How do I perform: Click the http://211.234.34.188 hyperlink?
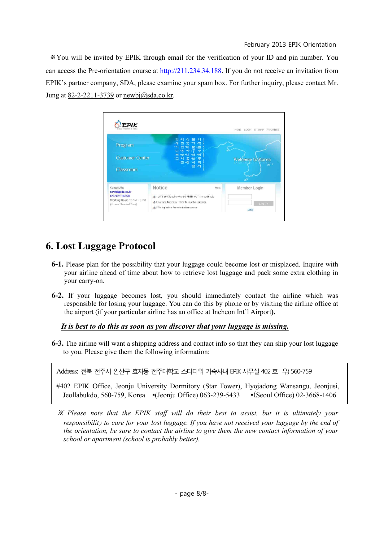190,71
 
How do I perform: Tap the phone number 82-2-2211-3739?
91,95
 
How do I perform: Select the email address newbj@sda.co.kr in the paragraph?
148,95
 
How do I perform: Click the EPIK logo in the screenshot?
126,125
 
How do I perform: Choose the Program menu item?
125,145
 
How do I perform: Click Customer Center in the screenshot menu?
133,158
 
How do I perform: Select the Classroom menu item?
127,169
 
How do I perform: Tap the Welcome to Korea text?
252,160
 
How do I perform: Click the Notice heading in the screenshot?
160,188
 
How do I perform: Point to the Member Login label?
250,188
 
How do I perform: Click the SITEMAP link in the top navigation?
259,130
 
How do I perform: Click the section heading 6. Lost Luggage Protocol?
101,246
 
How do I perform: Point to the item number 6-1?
57,264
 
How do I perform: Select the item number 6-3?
57,344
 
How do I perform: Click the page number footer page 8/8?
192,493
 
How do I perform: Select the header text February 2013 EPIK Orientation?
290,45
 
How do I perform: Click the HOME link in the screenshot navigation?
238,130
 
